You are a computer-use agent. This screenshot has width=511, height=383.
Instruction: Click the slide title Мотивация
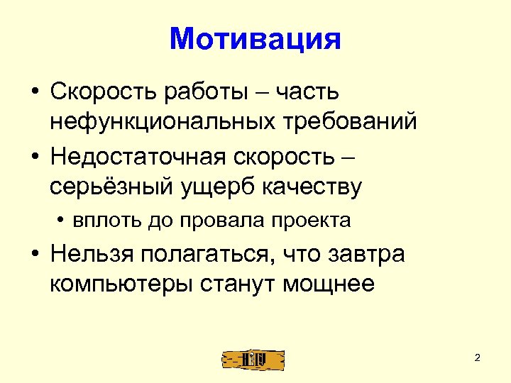point(255,39)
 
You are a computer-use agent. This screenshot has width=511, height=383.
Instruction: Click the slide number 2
point(478,357)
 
